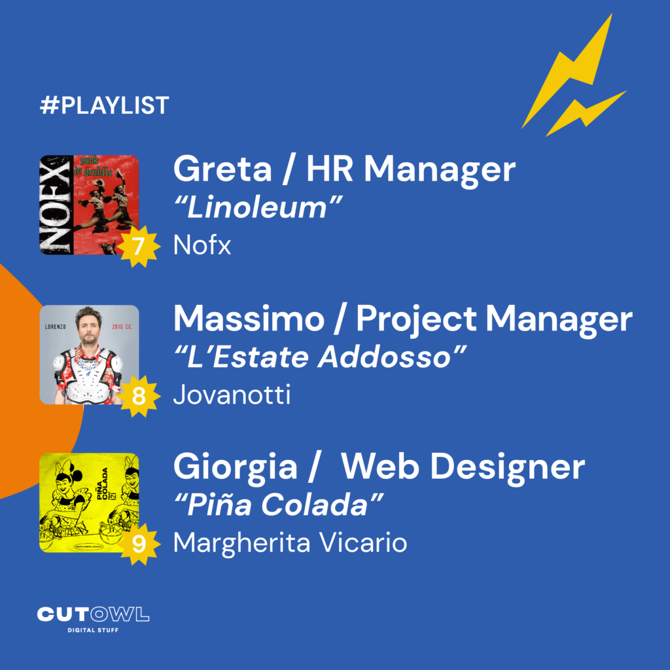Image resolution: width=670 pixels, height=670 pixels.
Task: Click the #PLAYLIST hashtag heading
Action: [x=105, y=105]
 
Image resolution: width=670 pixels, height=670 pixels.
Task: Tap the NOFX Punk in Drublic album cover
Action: [x=89, y=205]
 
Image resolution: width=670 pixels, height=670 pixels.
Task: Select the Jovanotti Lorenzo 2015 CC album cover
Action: [x=89, y=355]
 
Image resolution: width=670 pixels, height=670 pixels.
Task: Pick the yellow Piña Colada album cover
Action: [x=89, y=503]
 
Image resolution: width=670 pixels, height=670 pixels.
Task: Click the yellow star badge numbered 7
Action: [x=139, y=247]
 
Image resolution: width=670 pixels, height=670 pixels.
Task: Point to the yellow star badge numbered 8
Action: [x=139, y=396]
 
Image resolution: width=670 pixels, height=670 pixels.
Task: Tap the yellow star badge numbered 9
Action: [x=139, y=544]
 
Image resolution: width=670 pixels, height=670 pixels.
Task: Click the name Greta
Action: [x=222, y=169]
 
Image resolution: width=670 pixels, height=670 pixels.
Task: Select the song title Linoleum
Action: [x=258, y=207]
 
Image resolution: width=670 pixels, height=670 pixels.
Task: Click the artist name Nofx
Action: [x=202, y=245]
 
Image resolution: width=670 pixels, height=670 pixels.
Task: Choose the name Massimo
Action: [x=249, y=319]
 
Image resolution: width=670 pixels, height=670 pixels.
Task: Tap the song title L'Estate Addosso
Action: [x=320, y=357]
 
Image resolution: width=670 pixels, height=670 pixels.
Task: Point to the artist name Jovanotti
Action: [x=232, y=395]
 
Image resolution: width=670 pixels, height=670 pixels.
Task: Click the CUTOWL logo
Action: [x=93, y=614]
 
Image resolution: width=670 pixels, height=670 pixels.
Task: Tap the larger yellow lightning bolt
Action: [x=567, y=71]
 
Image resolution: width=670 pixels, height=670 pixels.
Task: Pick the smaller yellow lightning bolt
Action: [x=586, y=114]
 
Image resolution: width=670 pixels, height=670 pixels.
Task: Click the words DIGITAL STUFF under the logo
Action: [x=93, y=630]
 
